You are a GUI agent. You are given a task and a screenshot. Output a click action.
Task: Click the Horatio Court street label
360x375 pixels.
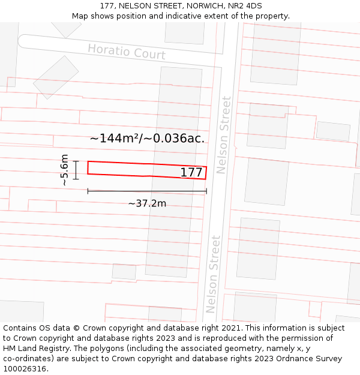tap(126, 52)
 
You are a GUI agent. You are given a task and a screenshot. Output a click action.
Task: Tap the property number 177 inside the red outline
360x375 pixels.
tap(191, 173)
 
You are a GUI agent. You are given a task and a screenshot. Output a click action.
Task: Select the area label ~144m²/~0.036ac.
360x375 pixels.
tap(147, 138)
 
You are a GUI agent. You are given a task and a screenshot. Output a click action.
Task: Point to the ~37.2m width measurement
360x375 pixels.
tap(146, 203)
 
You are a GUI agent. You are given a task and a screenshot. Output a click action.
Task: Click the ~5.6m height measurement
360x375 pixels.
tap(64, 170)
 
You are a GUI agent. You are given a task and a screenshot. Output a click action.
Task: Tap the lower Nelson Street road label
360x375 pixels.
tap(213, 274)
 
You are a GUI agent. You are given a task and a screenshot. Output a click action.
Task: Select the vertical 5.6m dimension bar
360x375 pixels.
tap(76, 170)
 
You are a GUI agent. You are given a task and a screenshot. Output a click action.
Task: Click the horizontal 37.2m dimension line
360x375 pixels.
tap(147, 191)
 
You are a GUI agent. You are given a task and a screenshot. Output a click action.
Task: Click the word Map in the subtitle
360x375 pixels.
tap(80, 16)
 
